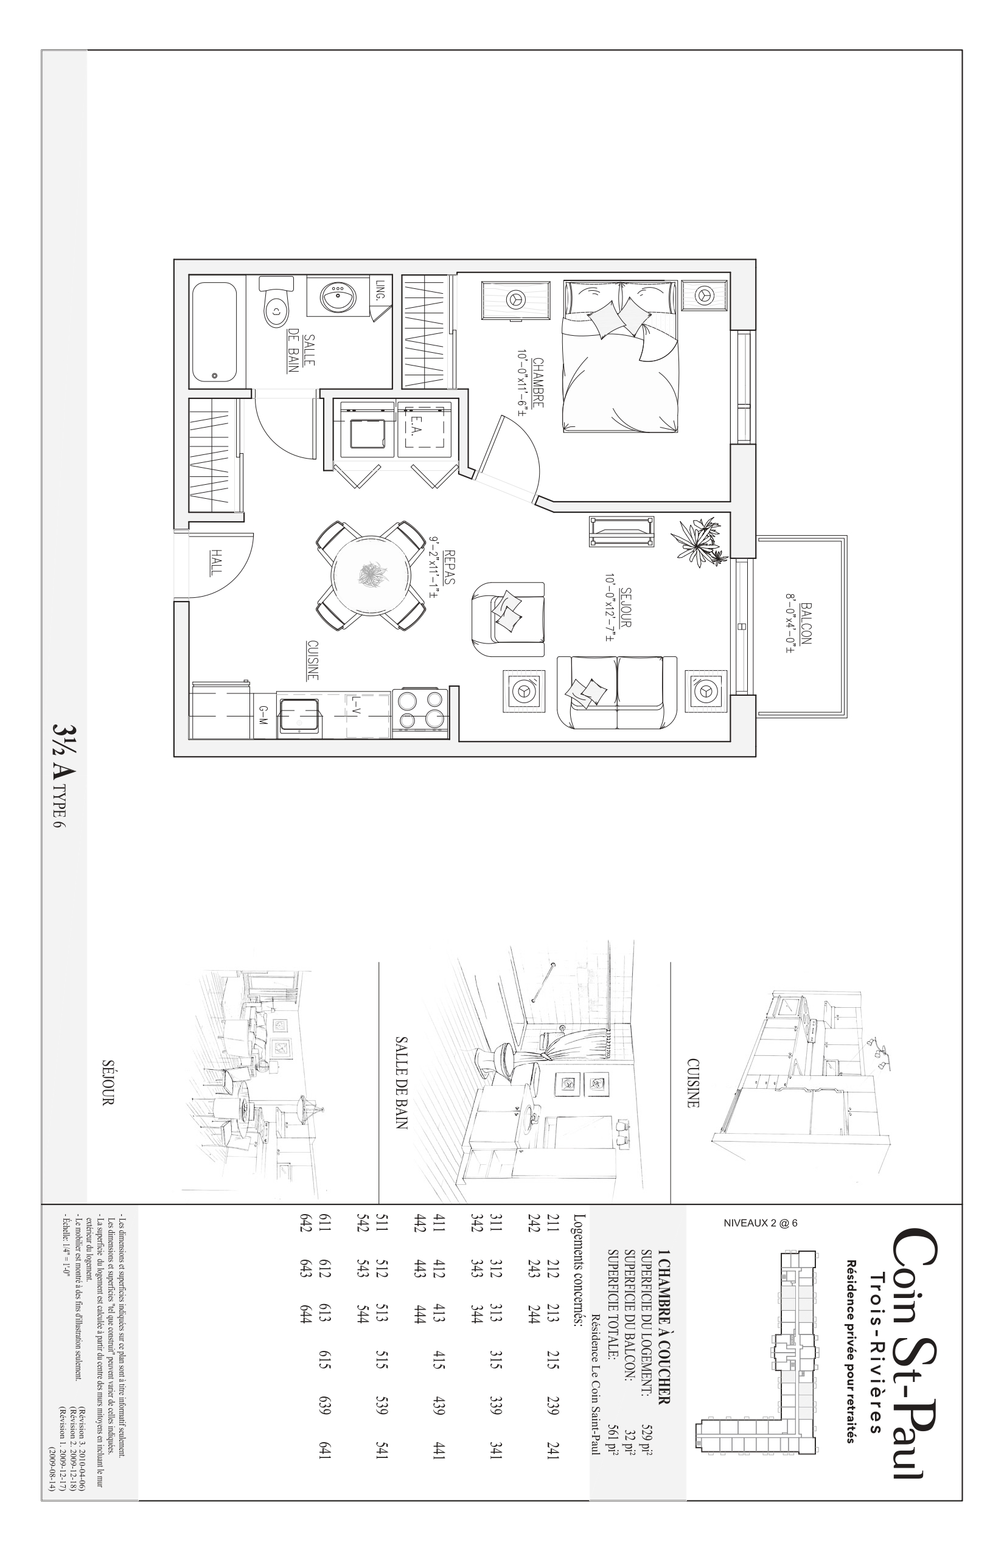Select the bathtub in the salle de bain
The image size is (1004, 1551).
tap(214, 334)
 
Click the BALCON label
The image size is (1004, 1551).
tap(806, 623)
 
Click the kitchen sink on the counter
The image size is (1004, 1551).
tap(299, 714)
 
